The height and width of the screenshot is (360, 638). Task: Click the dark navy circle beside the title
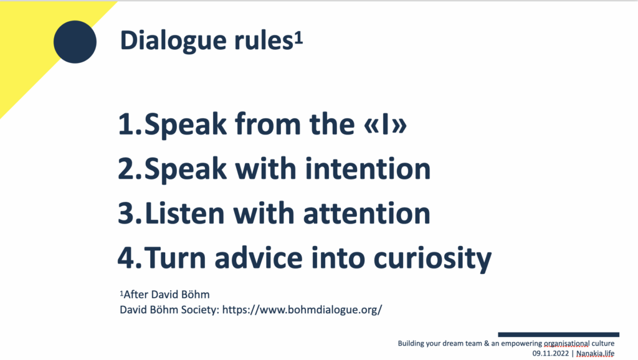pos(75,42)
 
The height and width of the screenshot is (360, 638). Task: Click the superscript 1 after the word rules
pos(298,38)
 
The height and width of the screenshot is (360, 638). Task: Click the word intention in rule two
pos(368,168)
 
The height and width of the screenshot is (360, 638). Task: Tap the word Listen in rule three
pos(184,213)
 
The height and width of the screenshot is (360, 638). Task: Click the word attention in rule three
pos(366,213)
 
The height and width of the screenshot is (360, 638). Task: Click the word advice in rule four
pos(259,258)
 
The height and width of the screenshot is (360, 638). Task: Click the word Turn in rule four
pos(175,258)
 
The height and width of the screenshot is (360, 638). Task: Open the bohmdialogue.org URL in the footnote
pos(302,310)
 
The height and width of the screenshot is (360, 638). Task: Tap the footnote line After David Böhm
pos(164,295)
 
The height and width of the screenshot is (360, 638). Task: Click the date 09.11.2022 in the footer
pos(551,353)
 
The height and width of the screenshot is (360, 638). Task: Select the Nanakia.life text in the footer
pos(595,353)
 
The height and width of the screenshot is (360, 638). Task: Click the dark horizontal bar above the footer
pos(559,335)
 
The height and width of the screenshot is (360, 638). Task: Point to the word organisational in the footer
pos(566,343)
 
